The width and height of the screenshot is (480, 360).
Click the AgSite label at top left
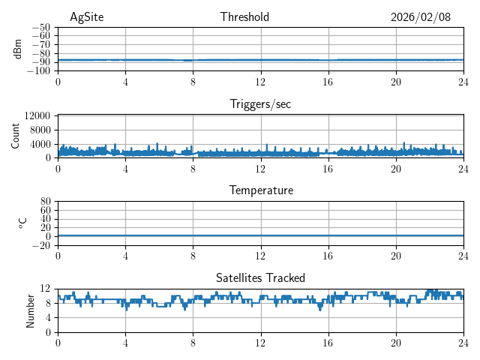86,17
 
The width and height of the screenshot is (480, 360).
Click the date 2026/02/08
421,17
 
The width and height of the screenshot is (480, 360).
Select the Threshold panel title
244,17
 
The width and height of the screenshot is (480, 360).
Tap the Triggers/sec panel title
260,104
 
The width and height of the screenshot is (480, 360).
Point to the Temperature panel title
260,190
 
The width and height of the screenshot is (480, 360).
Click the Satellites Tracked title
260,277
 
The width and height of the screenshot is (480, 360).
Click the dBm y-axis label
18,49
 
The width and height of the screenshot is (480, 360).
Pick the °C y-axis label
22,223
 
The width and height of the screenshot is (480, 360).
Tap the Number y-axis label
31,310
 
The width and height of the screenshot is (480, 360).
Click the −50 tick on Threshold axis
41,27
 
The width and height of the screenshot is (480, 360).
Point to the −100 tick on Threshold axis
39,71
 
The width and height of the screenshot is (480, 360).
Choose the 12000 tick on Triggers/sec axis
37,115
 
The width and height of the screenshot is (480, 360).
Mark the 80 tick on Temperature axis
45,202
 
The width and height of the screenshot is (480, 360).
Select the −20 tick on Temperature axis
41,245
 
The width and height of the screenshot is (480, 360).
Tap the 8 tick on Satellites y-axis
47,303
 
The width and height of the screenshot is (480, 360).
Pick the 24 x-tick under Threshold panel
463,82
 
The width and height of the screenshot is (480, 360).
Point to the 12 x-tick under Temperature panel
260,256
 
